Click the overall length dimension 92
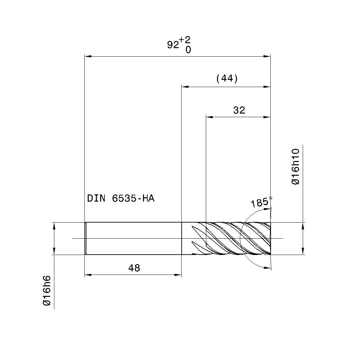coord(173,45)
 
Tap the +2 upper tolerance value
coord(185,40)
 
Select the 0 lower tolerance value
coord(188,50)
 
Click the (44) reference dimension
coord(227,79)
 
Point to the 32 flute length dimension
coord(239,110)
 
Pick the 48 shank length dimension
coord(134,268)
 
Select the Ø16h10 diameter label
coord(296,167)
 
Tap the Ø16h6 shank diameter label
coord(46,291)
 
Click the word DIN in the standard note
coord(96,198)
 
